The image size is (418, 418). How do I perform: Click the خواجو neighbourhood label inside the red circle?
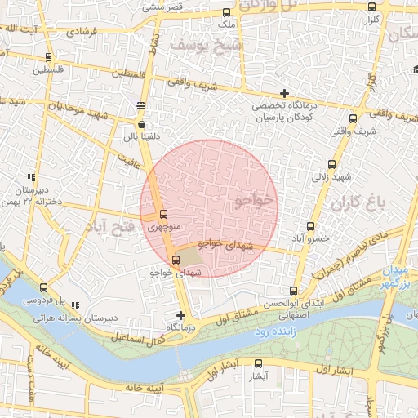click(x=256, y=200)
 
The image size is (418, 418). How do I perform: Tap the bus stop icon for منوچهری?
click(x=163, y=216)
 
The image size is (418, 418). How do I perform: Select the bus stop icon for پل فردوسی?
click(x=43, y=287)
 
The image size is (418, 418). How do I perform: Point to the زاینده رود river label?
click(x=272, y=332)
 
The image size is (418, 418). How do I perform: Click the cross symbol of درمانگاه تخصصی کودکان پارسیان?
click(x=283, y=93)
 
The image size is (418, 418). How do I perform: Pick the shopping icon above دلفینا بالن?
click(x=143, y=125)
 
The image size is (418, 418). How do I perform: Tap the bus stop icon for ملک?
click(x=226, y=12)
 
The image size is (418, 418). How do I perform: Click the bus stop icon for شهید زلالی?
click(x=331, y=164)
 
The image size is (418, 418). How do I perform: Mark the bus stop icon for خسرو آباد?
click(x=310, y=226)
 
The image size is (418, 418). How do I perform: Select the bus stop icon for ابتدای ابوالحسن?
click(x=294, y=290)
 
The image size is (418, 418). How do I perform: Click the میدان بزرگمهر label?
click(x=394, y=276)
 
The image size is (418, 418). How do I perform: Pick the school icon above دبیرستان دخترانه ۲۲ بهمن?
click(x=31, y=177)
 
